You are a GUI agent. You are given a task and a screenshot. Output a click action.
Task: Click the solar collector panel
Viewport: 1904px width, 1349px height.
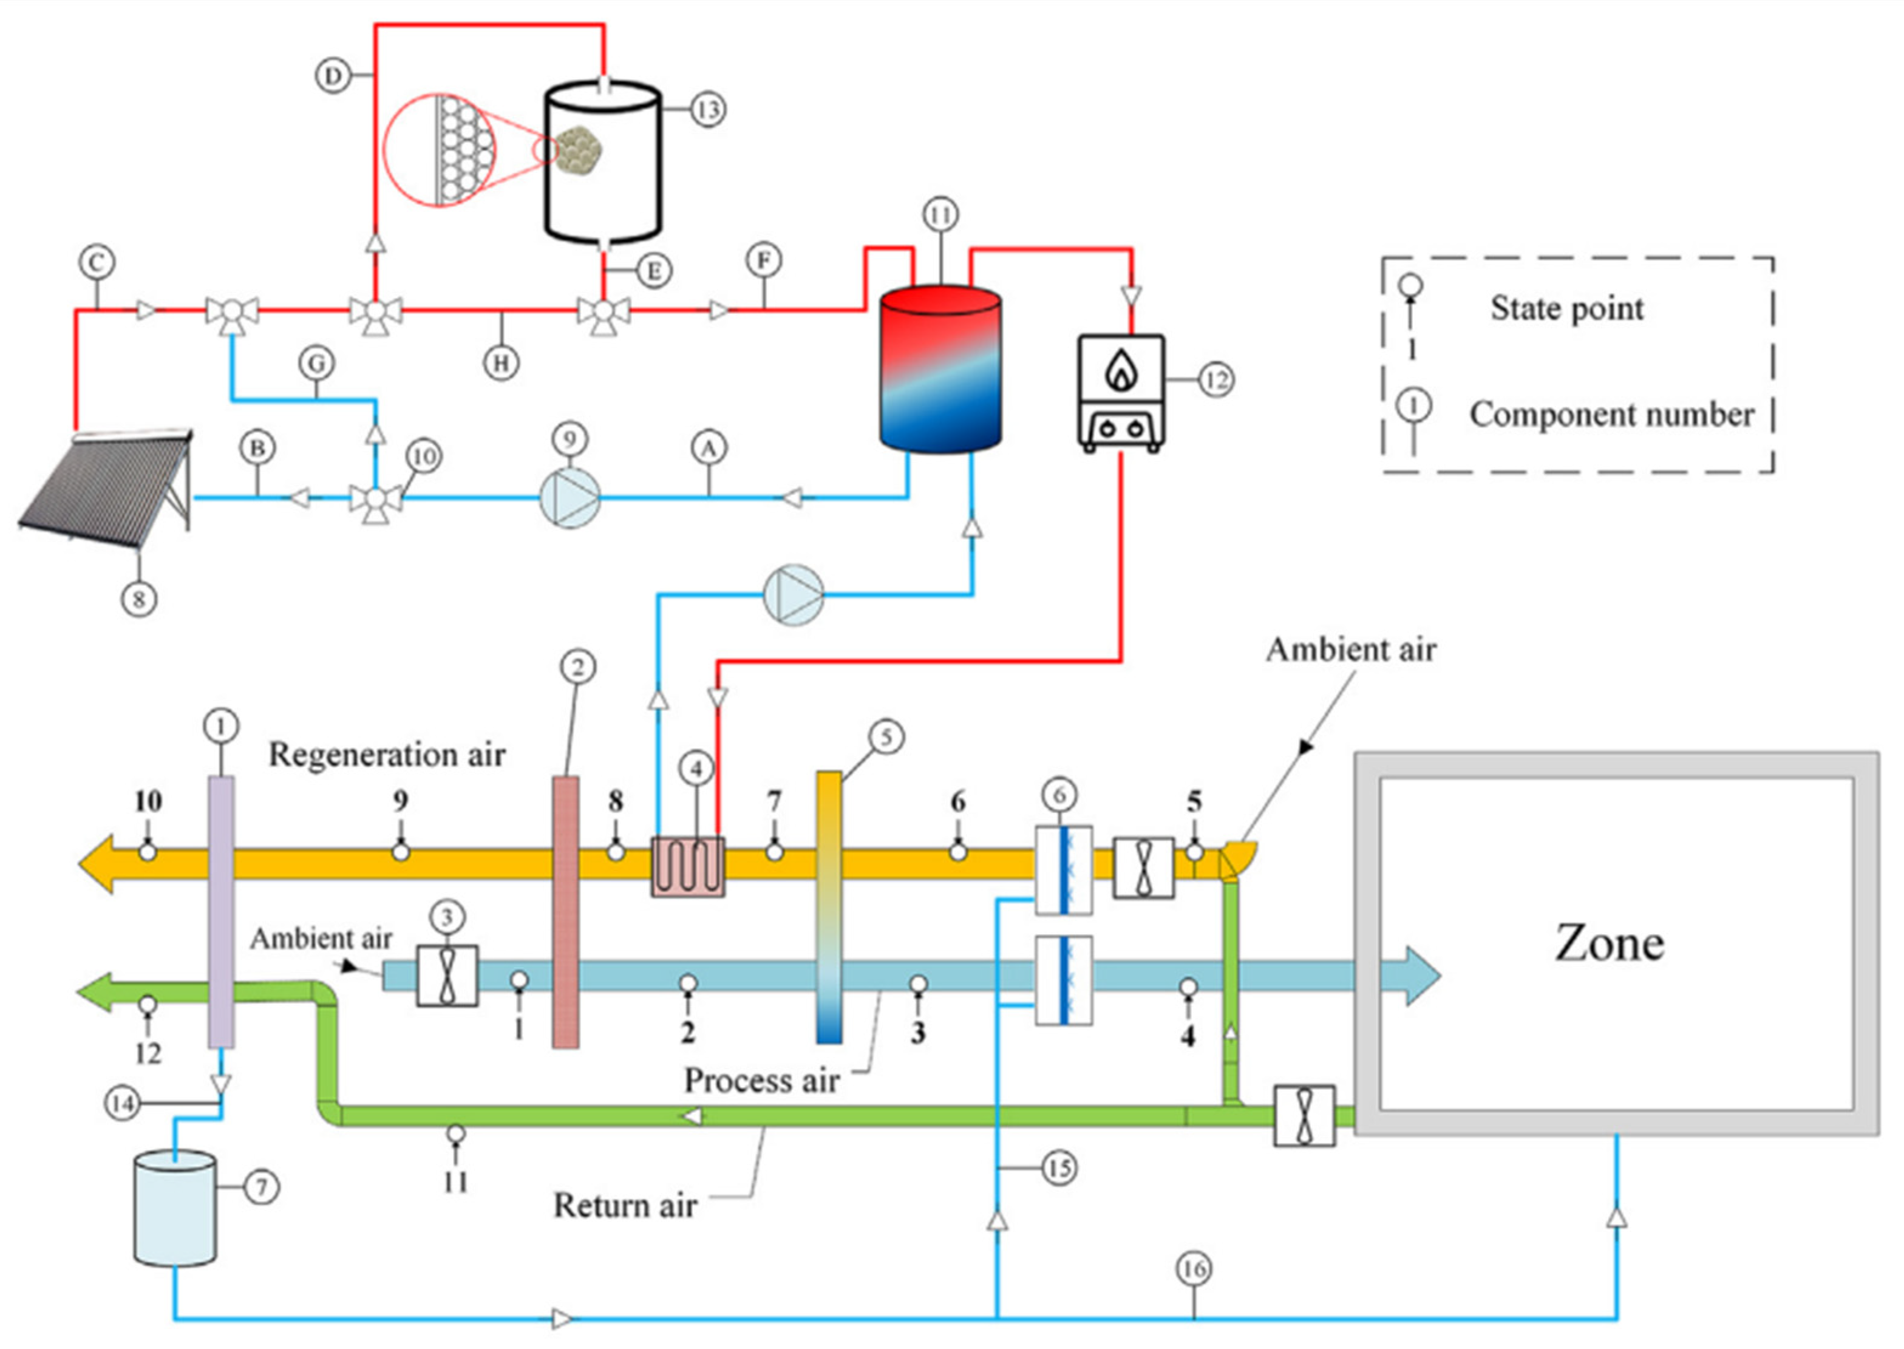pos(106,489)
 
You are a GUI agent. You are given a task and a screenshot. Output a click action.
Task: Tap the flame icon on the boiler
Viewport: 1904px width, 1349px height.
pos(1121,369)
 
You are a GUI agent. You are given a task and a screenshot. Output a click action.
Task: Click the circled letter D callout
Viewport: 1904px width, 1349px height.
pos(333,76)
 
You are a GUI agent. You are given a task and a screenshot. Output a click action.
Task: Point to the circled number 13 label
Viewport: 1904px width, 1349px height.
pos(708,109)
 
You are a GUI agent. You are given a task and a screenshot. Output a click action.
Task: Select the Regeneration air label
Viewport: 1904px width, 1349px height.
pos(387,754)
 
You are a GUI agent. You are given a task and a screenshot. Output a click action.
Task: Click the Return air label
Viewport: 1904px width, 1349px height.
pos(625,1205)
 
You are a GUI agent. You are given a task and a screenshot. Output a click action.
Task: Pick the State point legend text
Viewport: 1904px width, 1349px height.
pos(1566,308)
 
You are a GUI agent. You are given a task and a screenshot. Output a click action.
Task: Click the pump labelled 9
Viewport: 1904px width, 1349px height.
pos(570,498)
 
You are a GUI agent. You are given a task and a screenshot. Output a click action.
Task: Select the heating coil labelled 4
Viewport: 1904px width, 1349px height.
pos(688,866)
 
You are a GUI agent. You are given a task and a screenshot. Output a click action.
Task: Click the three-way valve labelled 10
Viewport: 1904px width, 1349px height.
pos(375,498)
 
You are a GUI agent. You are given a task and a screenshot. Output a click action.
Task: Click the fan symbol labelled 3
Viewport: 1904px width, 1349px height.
pos(447,976)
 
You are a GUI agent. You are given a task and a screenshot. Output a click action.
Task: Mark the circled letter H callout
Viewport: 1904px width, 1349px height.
pos(501,363)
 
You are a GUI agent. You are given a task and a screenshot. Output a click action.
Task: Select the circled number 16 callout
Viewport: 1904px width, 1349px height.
pos(1194,1268)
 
